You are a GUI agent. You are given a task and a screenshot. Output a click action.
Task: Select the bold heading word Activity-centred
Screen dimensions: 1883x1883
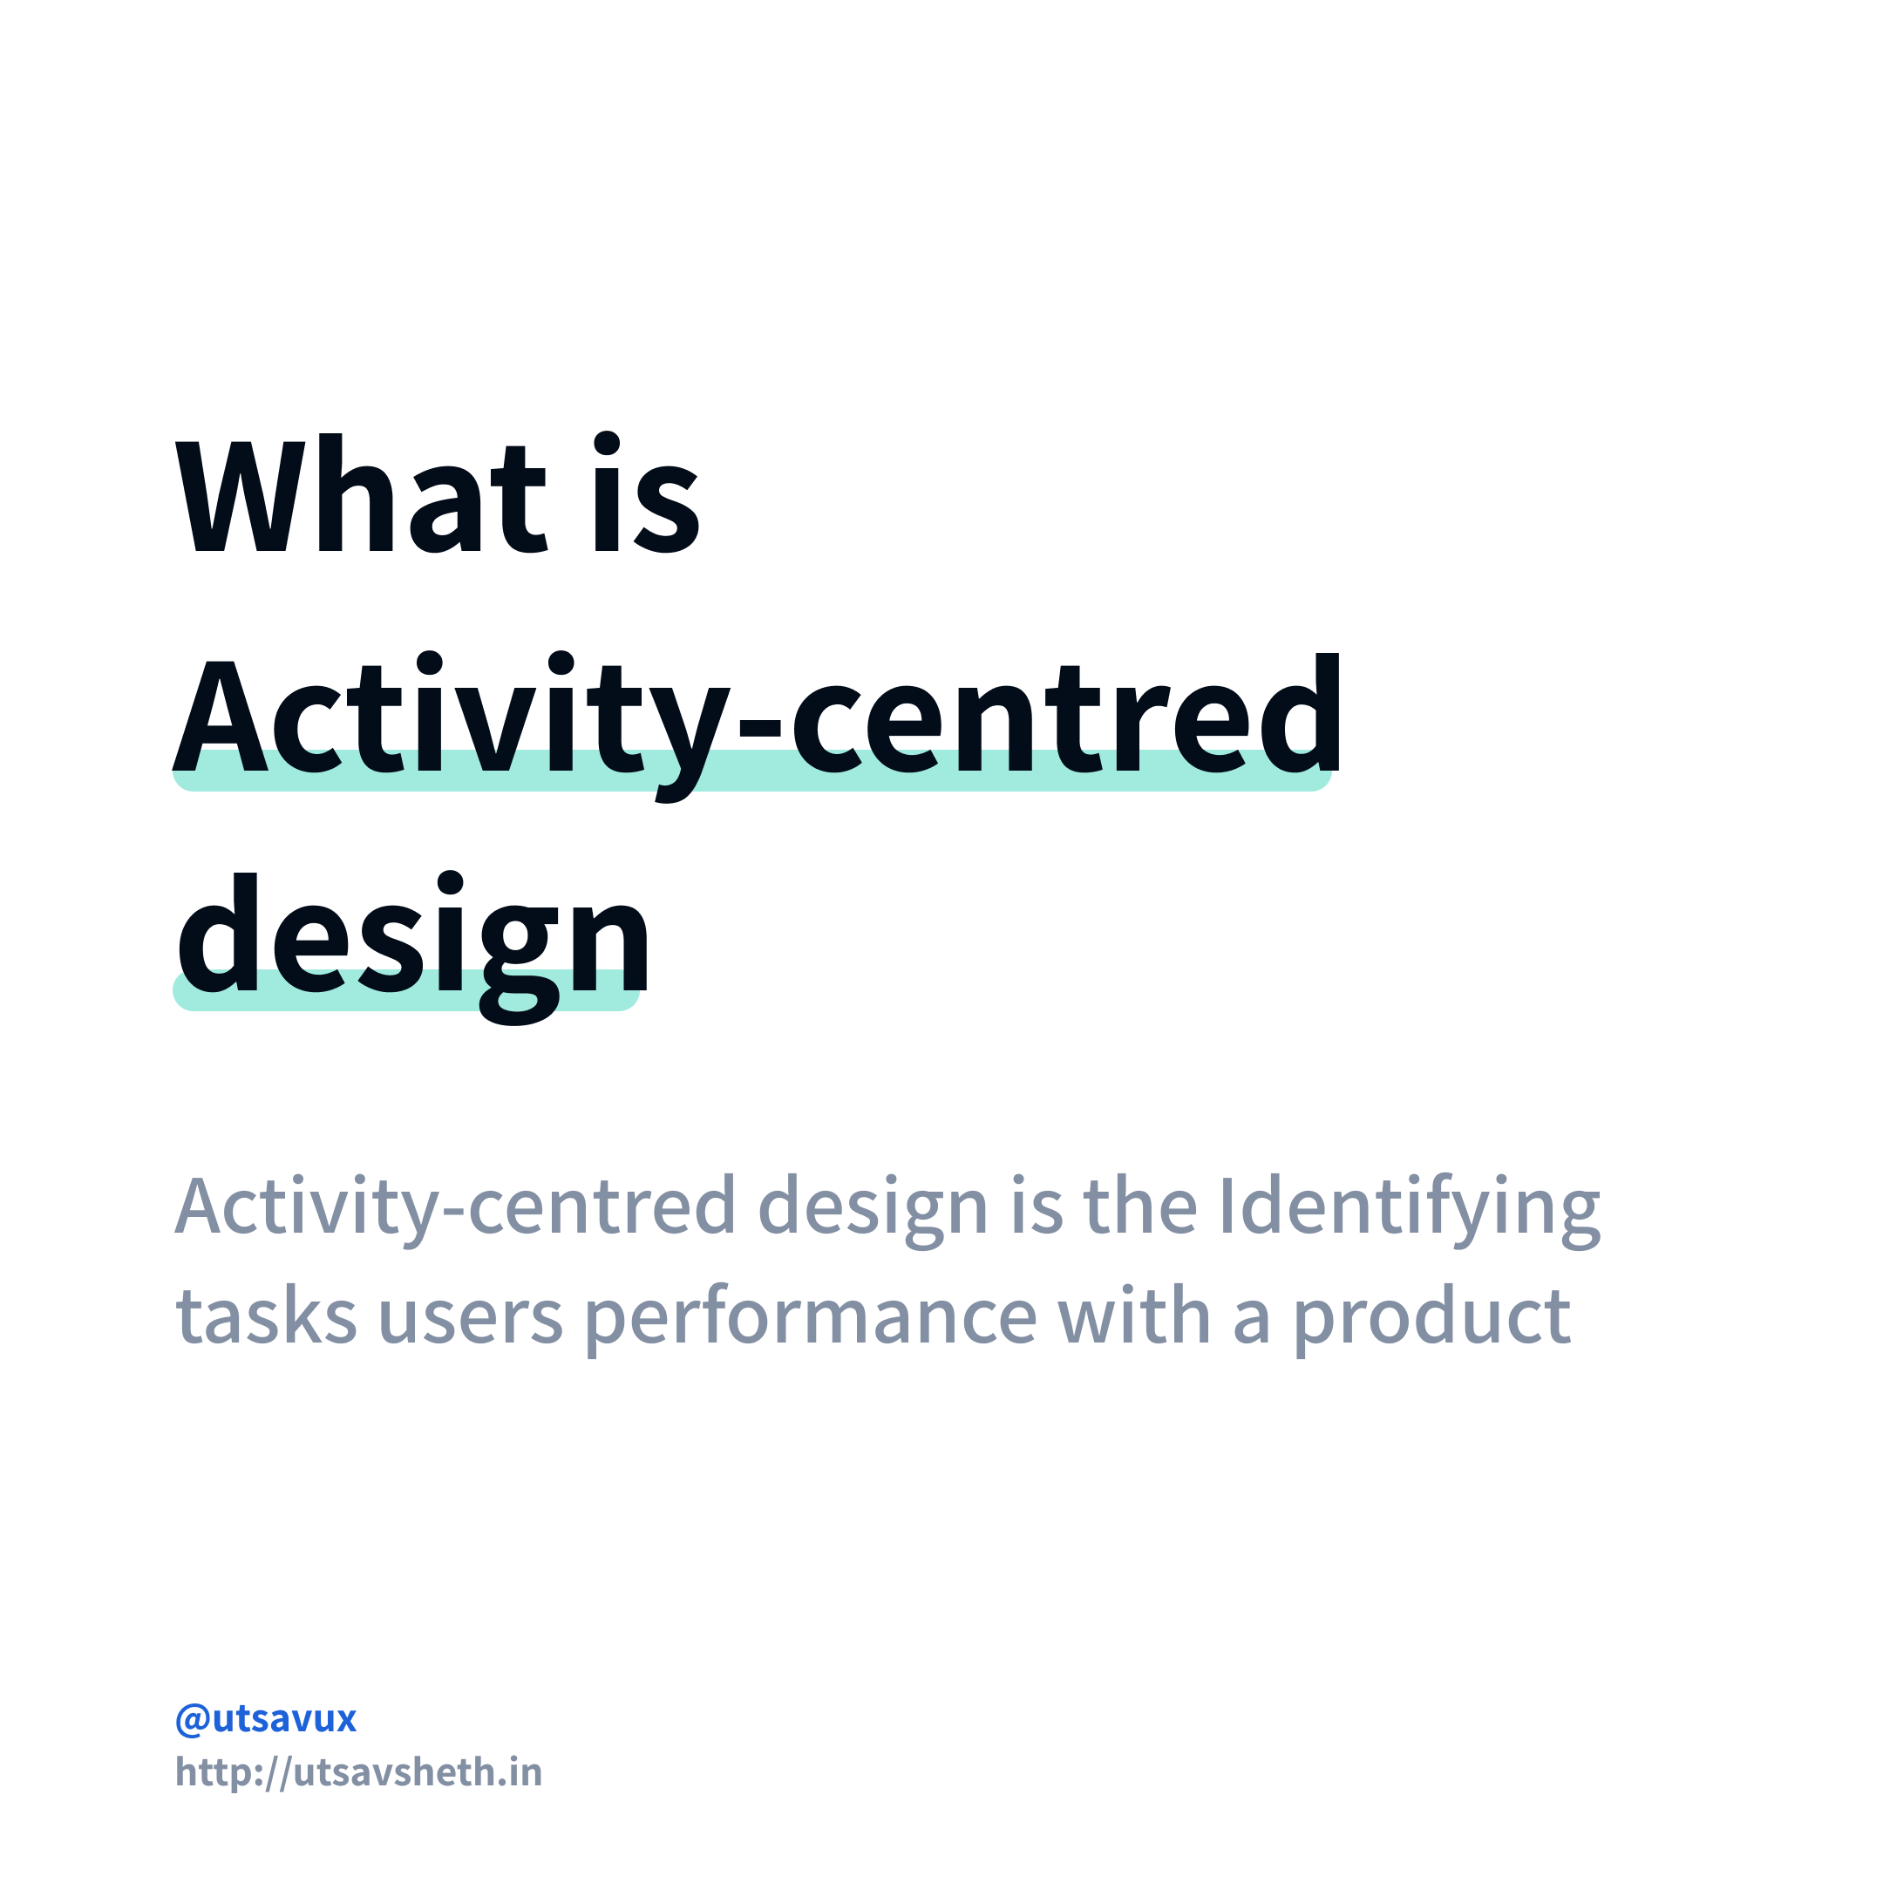(x=757, y=717)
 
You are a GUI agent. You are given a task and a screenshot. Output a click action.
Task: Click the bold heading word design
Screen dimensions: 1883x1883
(x=411, y=935)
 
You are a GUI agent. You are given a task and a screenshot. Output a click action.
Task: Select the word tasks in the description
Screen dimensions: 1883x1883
(x=266, y=1315)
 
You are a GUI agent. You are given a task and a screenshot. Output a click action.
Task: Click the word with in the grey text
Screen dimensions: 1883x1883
(x=1134, y=1315)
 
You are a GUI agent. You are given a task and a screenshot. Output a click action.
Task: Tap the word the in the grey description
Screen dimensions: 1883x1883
(x=1140, y=1207)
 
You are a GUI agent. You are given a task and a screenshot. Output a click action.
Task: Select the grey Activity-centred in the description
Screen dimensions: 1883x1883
(x=454, y=1207)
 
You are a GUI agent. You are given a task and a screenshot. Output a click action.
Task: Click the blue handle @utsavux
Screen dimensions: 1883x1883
(x=266, y=1718)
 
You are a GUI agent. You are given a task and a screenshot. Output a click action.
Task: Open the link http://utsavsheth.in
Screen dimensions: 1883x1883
(x=358, y=1772)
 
